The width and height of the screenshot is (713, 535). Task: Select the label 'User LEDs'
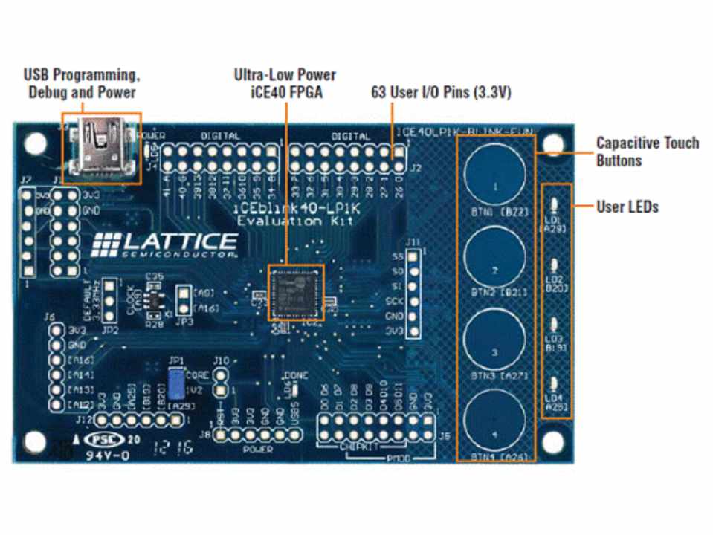[627, 207]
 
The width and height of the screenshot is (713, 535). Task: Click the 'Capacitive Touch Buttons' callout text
[647, 151]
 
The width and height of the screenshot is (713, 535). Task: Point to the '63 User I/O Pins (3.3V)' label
[441, 93]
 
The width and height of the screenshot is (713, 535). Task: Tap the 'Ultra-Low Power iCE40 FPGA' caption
[285, 83]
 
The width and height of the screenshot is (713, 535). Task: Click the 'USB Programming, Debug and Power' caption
[82, 83]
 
